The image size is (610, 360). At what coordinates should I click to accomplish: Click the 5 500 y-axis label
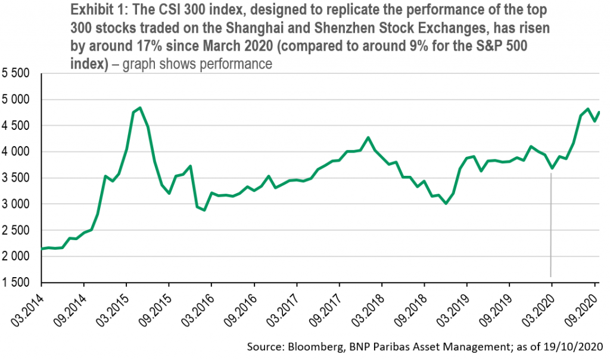(15, 73)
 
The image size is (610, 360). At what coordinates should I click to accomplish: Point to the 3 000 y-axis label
(15, 204)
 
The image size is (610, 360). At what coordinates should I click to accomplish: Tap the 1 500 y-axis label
(15, 283)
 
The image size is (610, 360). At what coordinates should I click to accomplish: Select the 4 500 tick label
(15, 126)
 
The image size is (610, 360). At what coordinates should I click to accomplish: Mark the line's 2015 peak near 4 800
(140, 108)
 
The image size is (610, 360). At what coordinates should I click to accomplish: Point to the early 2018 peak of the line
(368, 137)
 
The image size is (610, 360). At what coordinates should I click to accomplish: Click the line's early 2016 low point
(204, 210)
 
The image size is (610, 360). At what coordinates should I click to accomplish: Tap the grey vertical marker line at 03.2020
(551, 225)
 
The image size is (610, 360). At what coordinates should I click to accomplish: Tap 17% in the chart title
(149, 46)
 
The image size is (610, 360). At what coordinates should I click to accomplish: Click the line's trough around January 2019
(446, 204)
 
